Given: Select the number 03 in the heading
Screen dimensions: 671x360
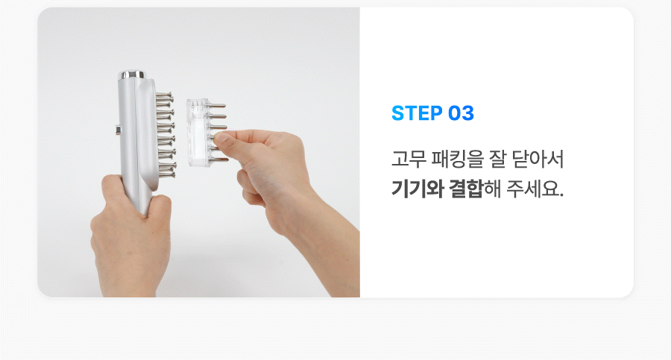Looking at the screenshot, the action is pos(461,113).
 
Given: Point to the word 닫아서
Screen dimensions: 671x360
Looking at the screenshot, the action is pos(538,159).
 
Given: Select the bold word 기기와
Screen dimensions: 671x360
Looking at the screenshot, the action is pos(418,189).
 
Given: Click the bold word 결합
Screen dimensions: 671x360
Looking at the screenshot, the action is pos(466,189).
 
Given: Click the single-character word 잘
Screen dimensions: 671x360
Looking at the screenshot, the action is pos(498,159).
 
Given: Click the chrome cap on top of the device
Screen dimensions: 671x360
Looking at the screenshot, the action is pos(131,75).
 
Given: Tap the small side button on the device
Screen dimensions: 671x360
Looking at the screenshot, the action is pos(117,130).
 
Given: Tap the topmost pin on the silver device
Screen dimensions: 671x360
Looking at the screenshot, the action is pos(164,95).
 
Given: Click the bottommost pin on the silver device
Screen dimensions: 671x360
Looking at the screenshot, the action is pos(166,174).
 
